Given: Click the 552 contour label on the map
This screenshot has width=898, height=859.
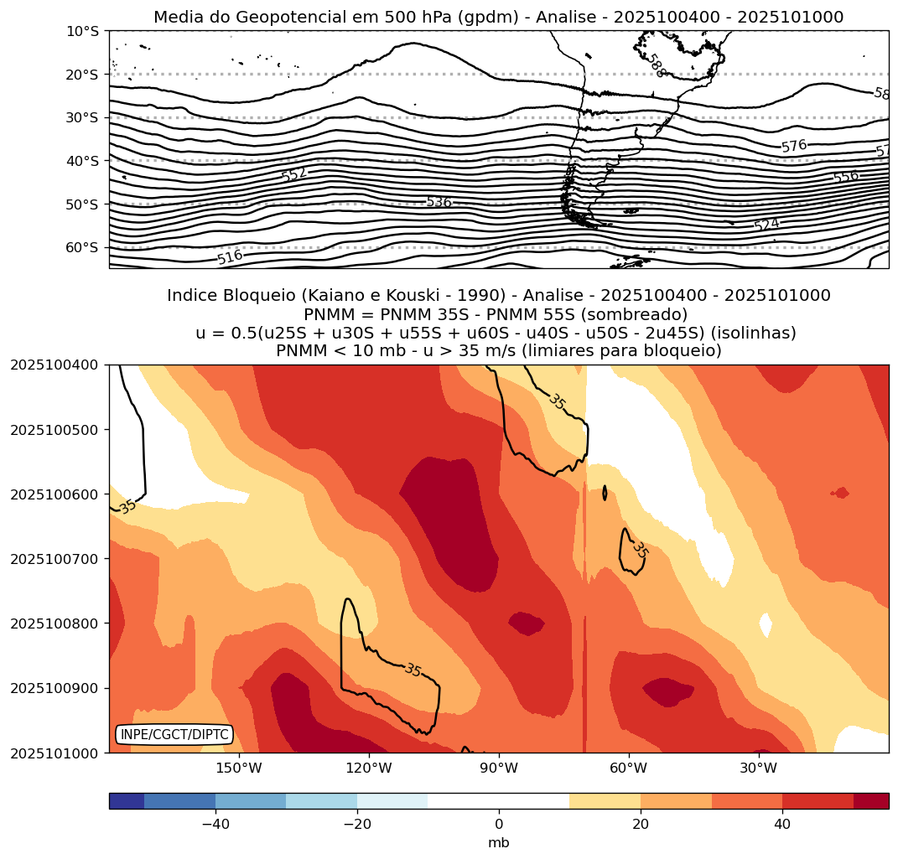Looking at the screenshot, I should (x=294, y=174).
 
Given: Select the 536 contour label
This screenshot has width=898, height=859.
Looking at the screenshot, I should (x=439, y=202).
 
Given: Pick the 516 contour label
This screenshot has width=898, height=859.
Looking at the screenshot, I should (x=229, y=257).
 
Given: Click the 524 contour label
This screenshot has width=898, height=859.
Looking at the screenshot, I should (x=766, y=225).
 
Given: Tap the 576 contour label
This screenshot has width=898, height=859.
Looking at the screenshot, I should (x=794, y=146).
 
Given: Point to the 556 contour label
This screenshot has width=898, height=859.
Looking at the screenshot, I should (x=845, y=177).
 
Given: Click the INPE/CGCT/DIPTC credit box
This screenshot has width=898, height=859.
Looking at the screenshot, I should (x=174, y=735).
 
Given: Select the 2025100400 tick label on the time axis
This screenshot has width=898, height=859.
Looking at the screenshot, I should (x=55, y=365).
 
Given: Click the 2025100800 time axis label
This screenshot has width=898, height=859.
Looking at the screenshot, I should (x=55, y=624).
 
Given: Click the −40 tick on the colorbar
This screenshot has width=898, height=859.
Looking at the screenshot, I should (x=215, y=825).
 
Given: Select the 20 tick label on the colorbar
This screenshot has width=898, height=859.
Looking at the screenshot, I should (x=641, y=825).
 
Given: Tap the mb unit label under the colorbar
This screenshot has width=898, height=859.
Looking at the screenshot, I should (x=499, y=842).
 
